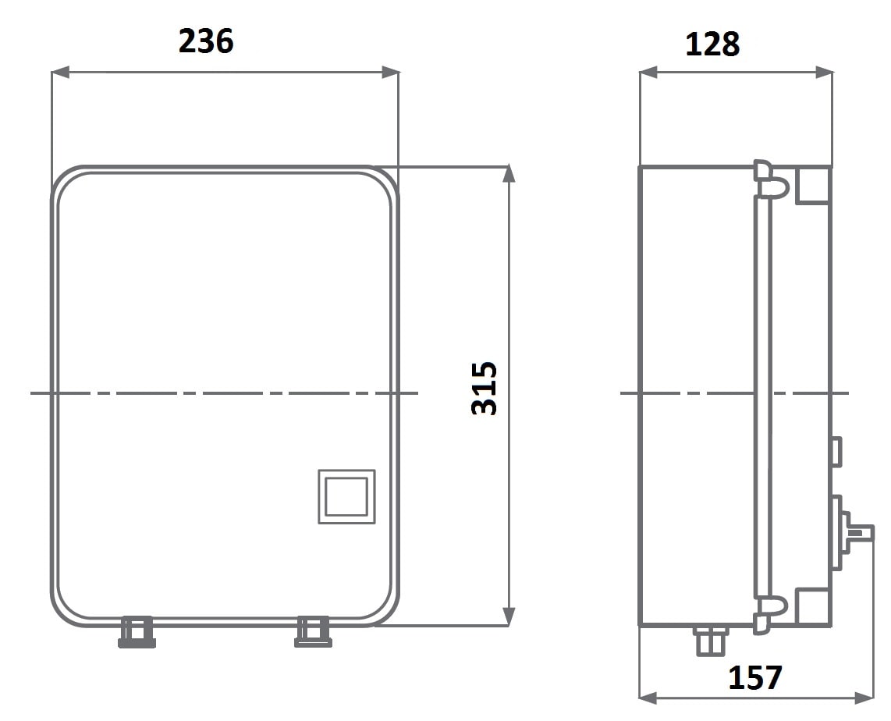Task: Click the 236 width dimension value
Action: [206, 41]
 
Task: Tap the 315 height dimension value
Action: [485, 388]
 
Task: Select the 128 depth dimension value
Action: [712, 44]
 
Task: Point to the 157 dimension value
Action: [755, 677]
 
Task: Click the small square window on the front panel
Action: [346, 496]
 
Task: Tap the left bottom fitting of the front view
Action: [137, 632]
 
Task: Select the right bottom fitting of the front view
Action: [313, 632]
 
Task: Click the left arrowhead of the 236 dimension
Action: [60, 72]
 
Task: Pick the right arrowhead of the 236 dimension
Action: [390, 72]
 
